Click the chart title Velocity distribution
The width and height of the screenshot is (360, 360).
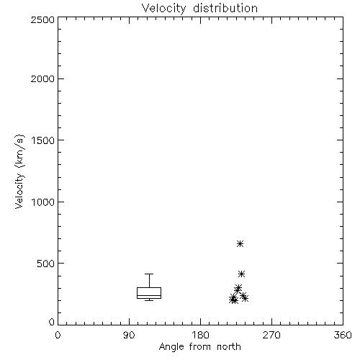click(199, 8)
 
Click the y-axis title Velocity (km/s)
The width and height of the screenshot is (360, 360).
click(19, 171)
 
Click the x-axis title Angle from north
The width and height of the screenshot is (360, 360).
click(199, 347)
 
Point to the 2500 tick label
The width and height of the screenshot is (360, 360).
click(42, 19)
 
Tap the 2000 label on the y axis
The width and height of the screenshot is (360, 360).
click(42, 78)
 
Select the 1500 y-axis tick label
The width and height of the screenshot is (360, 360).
click(43, 140)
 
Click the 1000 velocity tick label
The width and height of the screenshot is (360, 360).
click(43, 202)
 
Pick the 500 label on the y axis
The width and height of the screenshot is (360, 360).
click(46, 264)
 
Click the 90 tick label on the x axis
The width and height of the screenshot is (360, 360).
click(129, 335)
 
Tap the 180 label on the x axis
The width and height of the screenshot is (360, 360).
click(200, 335)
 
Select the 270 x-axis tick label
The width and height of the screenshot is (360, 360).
click(271, 335)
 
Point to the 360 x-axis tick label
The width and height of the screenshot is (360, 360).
click(343, 335)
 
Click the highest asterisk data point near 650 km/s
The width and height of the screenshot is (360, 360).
click(240, 244)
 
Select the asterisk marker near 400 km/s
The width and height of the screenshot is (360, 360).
click(241, 274)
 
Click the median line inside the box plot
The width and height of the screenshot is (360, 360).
click(149, 295)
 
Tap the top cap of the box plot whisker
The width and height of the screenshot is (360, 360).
click(149, 274)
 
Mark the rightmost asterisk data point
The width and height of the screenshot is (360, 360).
click(245, 298)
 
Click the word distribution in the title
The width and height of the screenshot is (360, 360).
click(225, 8)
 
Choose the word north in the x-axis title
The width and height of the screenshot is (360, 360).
click(229, 347)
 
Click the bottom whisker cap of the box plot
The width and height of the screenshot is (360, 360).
click(149, 300)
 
